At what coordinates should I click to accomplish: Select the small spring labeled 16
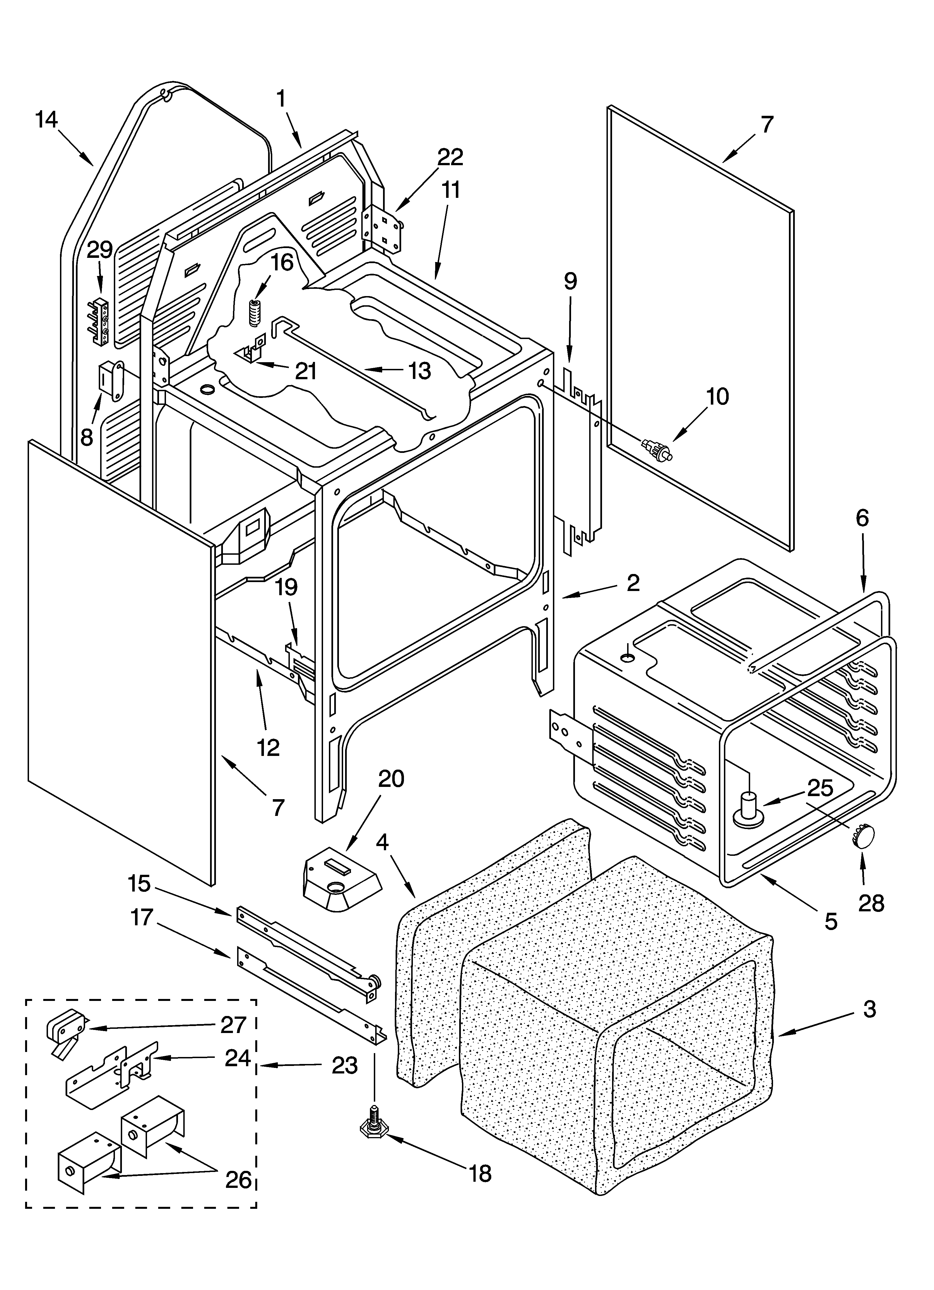[254, 312]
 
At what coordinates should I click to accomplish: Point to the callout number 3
[869, 1009]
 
